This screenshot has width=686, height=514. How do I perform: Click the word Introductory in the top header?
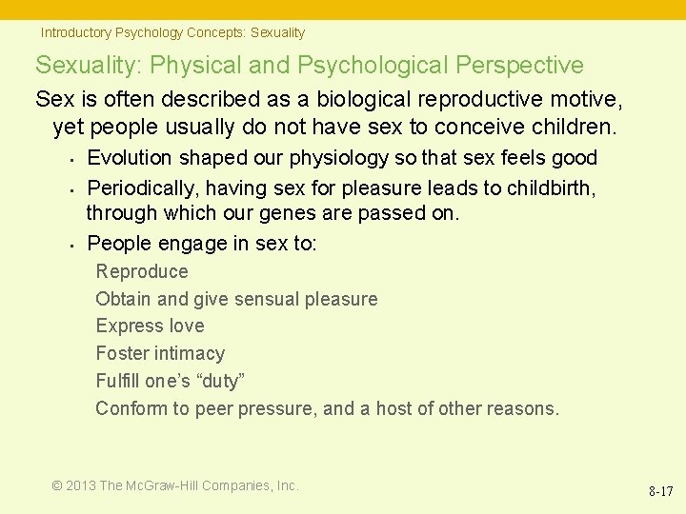(x=75, y=32)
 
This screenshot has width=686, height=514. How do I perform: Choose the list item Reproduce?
(x=142, y=271)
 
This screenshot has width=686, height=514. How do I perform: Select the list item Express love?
(x=150, y=326)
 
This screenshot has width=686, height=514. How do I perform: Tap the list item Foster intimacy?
(x=160, y=353)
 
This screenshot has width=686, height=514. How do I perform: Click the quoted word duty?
(x=223, y=381)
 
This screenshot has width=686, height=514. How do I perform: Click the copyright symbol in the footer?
(x=57, y=485)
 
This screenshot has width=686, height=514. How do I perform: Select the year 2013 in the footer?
(x=80, y=485)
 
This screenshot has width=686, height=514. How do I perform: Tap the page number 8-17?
(x=660, y=492)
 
